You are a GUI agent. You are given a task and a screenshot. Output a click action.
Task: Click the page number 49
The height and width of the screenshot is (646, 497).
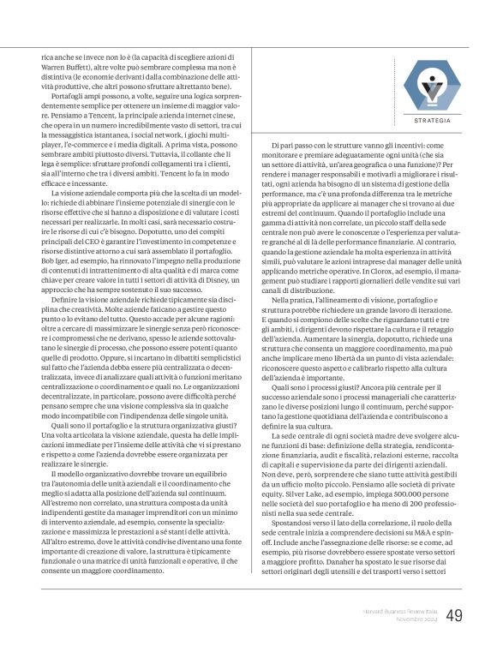(455, 615)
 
